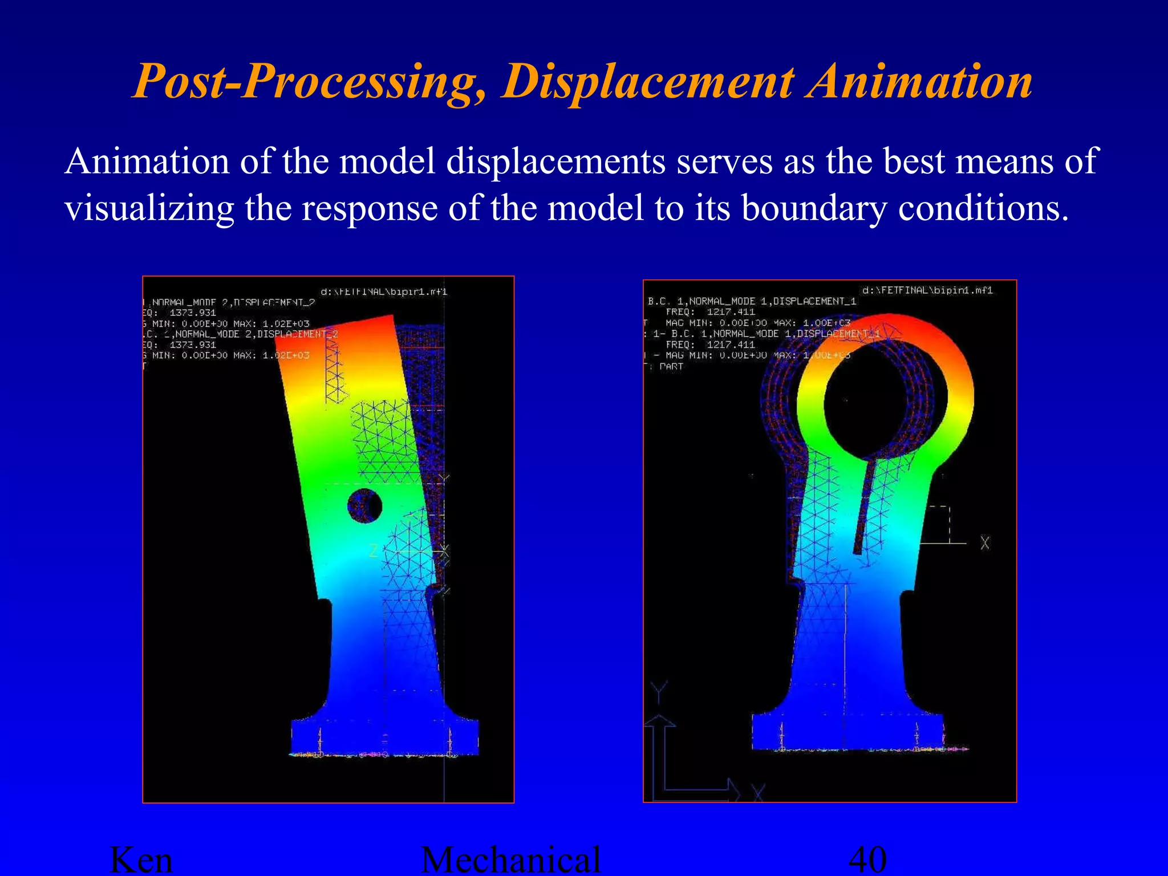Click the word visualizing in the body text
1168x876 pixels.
[149, 209]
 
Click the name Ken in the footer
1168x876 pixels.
[141, 860]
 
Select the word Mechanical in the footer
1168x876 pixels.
[511, 860]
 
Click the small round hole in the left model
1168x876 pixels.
[364, 505]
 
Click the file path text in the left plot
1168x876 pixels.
[384, 292]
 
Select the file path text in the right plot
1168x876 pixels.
[927, 290]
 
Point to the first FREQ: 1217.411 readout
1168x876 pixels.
[711, 312]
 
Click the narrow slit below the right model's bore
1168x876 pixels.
[865, 508]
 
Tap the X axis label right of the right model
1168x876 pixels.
[985, 543]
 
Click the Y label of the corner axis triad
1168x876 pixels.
[659, 692]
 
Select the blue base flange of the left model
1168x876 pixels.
[385, 736]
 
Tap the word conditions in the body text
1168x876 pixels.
[983, 209]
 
